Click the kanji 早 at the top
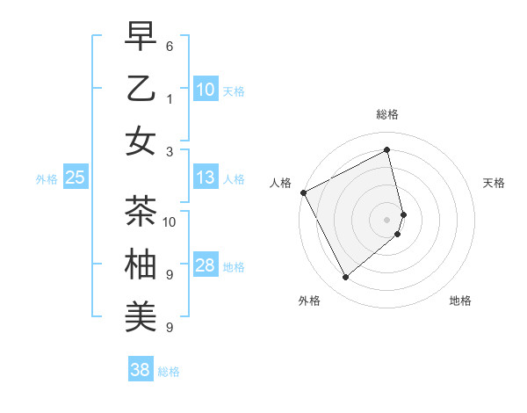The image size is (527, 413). tap(141, 36)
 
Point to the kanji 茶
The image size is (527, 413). tap(141, 211)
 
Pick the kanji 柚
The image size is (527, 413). tap(141, 264)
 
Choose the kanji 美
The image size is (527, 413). tap(141, 316)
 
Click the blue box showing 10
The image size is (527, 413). tap(206, 90)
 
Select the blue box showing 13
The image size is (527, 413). tap(206, 178)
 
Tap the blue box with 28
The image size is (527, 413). tap(206, 266)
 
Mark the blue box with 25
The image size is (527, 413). tap(76, 178)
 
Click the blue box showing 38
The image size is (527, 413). tap(141, 370)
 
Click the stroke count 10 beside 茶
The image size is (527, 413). tap(170, 221)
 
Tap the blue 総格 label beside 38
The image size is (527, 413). tap(169, 372)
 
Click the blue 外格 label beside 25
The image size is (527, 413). tap(47, 179)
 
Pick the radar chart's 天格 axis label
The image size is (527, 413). tap(494, 183)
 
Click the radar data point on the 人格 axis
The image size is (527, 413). tap(303, 192)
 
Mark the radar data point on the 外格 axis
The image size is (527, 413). tap(345, 278)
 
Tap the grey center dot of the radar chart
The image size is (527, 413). tap(387, 219)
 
